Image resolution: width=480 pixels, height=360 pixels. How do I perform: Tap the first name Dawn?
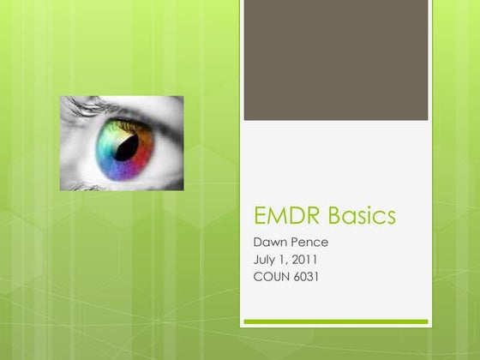pos(261,243)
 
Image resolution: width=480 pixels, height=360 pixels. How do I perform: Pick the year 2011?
pos(303,259)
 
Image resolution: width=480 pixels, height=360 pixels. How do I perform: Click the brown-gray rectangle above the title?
pos(335,60)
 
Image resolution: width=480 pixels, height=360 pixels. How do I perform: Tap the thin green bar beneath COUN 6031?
pos(335,321)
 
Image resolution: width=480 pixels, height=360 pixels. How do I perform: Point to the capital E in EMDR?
pos(251,216)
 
